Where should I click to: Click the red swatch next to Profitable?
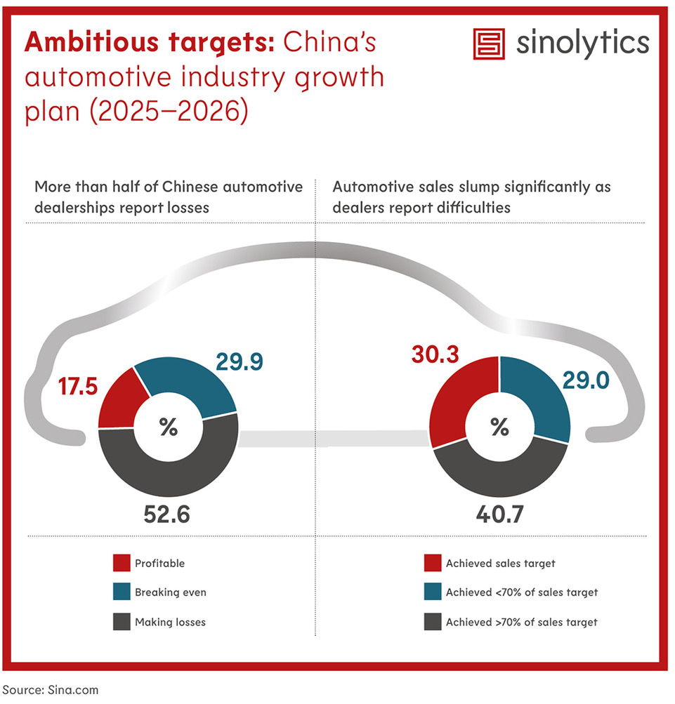[x=121, y=563]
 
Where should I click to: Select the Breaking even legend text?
[x=170, y=592]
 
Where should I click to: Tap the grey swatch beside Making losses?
[x=121, y=622]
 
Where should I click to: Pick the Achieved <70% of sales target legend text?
[x=521, y=592]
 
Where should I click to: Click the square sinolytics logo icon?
[x=490, y=44]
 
